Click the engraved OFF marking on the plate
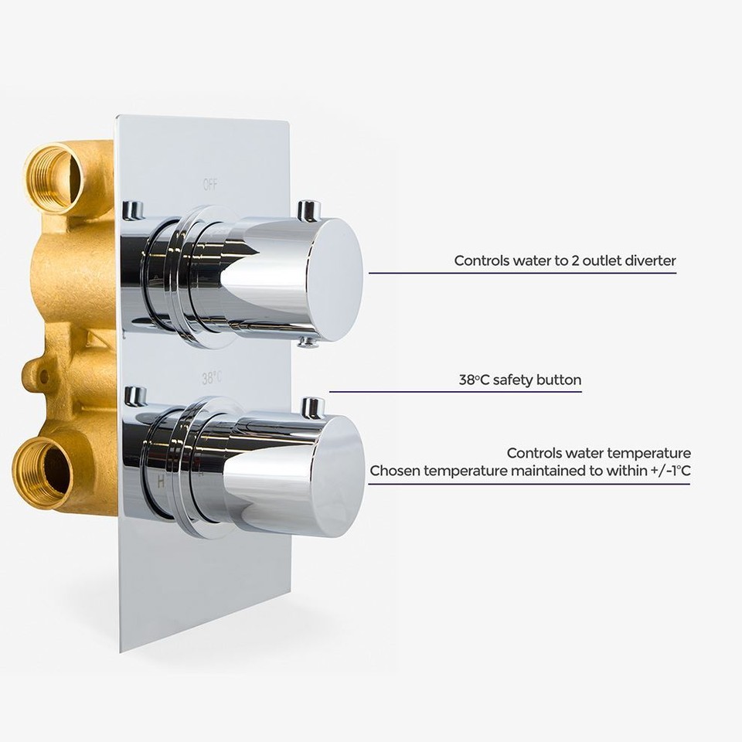(x=210, y=185)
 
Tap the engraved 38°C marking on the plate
(x=211, y=378)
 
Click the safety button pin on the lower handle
(x=312, y=407)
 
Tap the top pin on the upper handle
(x=309, y=209)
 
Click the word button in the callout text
(x=558, y=380)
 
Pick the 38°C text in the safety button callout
(x=474, y=380)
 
